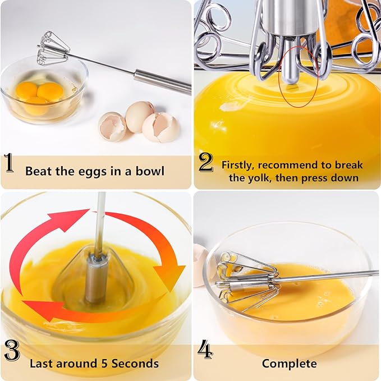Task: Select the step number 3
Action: point(11,351)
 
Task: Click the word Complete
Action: point(289,364)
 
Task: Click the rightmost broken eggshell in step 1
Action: point(162,127)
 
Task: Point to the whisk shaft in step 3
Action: point(99,224)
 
